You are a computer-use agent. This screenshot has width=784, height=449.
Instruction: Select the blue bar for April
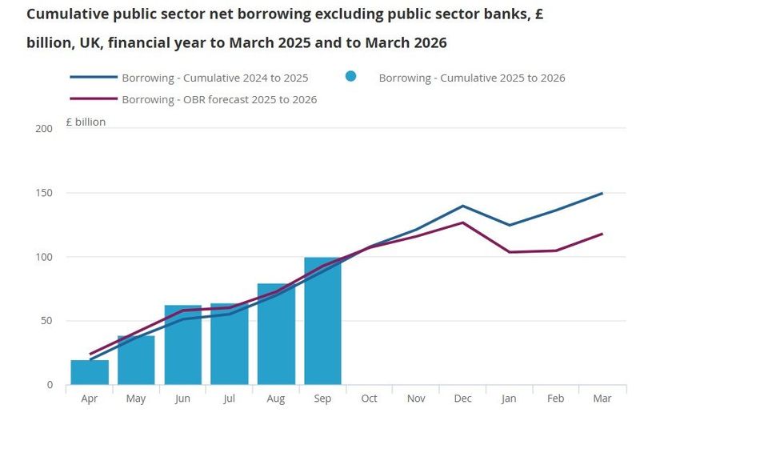(x=90, y=373)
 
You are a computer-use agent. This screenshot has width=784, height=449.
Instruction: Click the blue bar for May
(x=136, y=360)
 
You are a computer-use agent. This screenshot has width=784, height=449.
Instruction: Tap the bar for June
(x=183, y=346)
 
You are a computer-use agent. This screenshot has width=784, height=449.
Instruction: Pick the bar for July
(x=230, y=345)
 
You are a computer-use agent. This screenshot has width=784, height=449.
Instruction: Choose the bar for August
(x=276, y=335)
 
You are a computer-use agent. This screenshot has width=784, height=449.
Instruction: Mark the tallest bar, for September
(x=322, y=321)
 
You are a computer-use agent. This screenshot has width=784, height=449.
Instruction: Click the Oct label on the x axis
(x=369, y=399)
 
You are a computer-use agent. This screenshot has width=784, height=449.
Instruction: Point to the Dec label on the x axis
(x=462, y=399)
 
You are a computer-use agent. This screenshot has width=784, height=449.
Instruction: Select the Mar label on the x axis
(x=602, y=399)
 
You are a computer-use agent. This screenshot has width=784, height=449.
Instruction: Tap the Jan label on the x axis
(x=509, y=399)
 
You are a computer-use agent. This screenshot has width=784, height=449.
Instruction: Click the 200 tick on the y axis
(x=45, y=129)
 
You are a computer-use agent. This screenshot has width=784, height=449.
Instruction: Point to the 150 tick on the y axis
(x=45, y=193)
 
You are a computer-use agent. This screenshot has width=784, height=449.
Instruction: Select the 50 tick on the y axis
(x=47, y=321)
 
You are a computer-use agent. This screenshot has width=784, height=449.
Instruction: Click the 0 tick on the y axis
(x=50, y=385)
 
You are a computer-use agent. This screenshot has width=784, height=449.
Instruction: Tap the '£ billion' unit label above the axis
(x=85, y=122)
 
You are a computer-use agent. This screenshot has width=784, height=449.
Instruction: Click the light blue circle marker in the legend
(x=350, y=77)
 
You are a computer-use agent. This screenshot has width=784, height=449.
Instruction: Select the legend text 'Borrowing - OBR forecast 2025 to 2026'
(x=219, y=100)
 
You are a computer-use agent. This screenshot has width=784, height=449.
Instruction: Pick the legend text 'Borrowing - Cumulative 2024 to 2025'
(x=214, y=78)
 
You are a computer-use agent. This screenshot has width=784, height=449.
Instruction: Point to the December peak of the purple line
(x=462, y=222)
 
